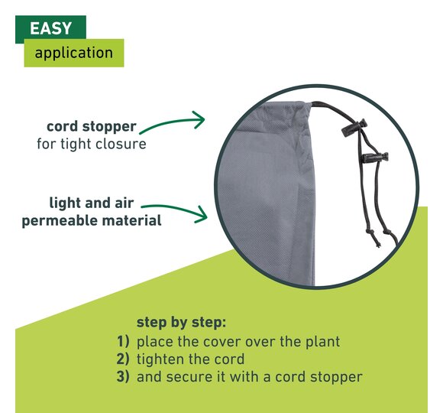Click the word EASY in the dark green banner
point(50,28)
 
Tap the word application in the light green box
point(74,53)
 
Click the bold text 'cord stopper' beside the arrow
point(92,127)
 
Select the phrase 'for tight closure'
point(92,144)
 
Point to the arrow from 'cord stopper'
point(173,122)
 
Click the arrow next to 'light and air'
point(175,209)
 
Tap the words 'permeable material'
point(92,220)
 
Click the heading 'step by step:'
point(181,323)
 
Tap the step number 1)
point(123,341)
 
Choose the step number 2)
point(123,359)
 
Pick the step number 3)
point(123,376)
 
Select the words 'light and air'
point(92,203)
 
